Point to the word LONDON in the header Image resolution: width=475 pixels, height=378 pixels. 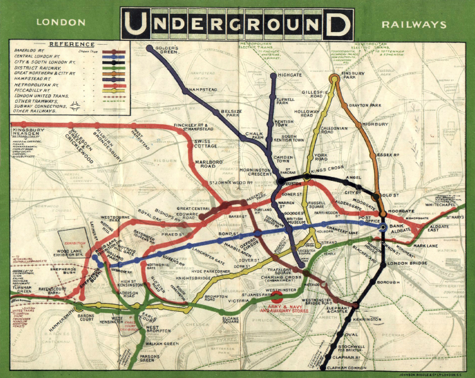[x=61, y=23]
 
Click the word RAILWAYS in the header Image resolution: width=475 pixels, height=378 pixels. [x=413, y=25]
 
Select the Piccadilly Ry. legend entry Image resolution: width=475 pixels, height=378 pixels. [x=32, y=90]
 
